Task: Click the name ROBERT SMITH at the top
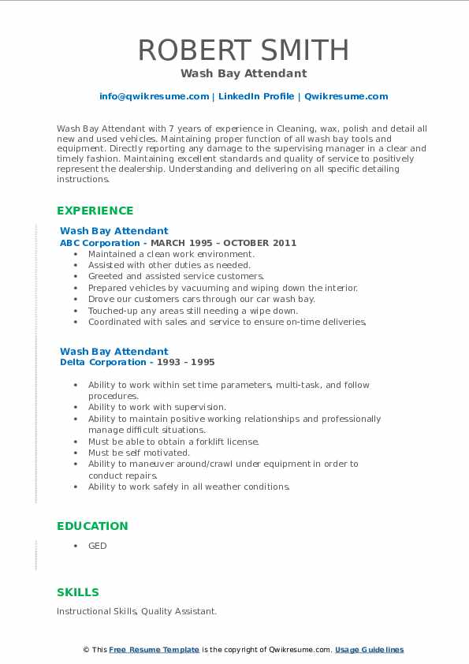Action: pyautogui.click(x=243, y=50)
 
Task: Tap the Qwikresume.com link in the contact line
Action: pyautogui.click(x=345, y=96)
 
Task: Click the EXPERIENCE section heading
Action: pyautogui.click(x=95, y=211)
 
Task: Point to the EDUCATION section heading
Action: pyautogui.click(x=92, y=526)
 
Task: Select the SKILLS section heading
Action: pyautogui.click(x=78, y=592)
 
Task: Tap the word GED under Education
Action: pyautogui.click(x=97, y=546)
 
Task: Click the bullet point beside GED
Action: pyautogui.click(x=75, y=546)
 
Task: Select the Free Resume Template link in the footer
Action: pyautogui.click(x=154, y=650)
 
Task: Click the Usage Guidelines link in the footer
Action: pyautogui.click(x=369, y=650)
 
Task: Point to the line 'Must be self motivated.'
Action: pyautogui.click(x=139, y=453)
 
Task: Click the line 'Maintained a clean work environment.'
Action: pyautogui.click(x=171, y=254)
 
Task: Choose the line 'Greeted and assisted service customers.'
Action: pyautogui.click(x=176, y=277)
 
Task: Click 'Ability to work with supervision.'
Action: pyautogui.click(x=157, y=407)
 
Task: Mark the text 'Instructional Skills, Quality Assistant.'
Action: pyautogui.click(x=136, y=611)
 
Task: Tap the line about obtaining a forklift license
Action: pyautogui.click(x=173, y=442)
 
